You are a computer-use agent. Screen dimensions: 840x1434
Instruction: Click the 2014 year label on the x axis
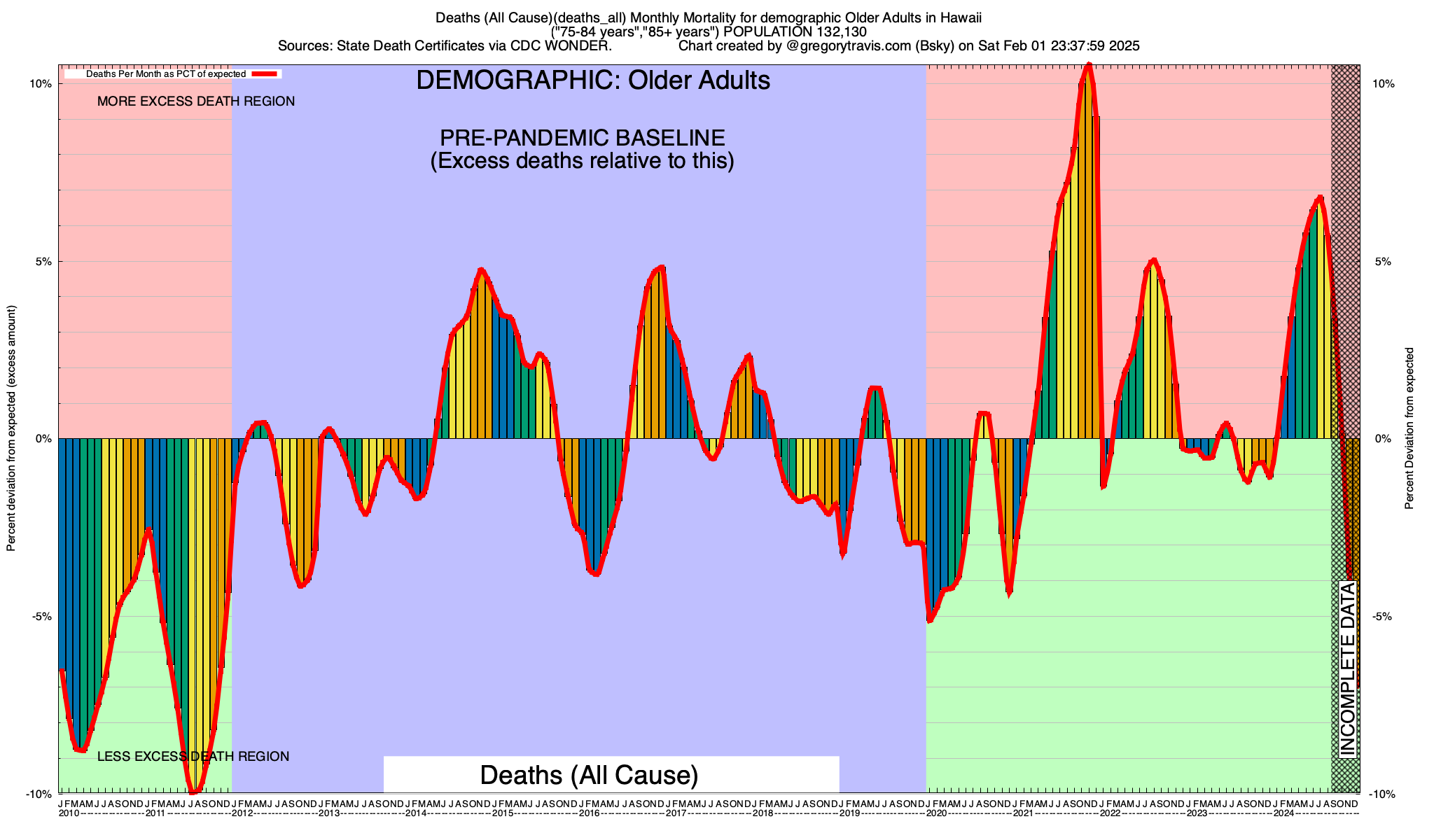click(416, 813)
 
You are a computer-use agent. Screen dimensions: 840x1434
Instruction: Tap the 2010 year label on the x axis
click(69, 813)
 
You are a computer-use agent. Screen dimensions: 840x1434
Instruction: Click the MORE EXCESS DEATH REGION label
click(196, 101)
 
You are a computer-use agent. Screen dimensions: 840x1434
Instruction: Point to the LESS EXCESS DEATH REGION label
click(193, 757)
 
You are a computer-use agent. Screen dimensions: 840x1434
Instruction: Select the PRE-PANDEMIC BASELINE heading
click(582, 137)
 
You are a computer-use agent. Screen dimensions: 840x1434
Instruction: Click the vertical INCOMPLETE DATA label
click(1347, 669)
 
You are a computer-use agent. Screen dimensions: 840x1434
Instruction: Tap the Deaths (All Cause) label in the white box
click(589, 776)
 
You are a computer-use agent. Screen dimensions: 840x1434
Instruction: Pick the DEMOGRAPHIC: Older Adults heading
click(593, 80)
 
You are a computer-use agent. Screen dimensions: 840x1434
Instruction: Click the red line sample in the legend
click(266, 73)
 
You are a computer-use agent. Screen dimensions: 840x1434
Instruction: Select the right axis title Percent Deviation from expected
click(1409, 428)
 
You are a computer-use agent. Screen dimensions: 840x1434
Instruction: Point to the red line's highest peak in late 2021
click(1088, 66)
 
